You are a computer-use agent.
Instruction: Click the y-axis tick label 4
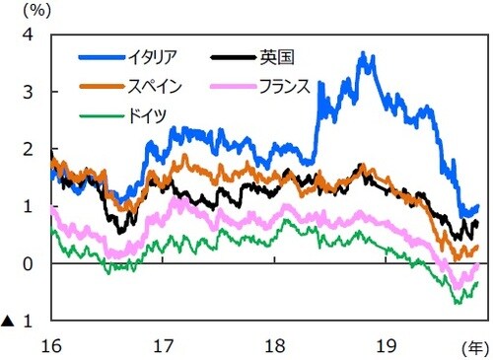click(x=29, y=35)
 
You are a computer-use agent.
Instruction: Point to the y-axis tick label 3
click(x=29, y=92)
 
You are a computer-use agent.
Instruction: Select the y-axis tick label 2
click(x=29, y=149)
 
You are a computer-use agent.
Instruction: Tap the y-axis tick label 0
click(x=29, y=264)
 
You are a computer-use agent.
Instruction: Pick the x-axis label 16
click(x=51, y=344)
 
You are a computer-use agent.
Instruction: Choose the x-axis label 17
click(x=164, y=344)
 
